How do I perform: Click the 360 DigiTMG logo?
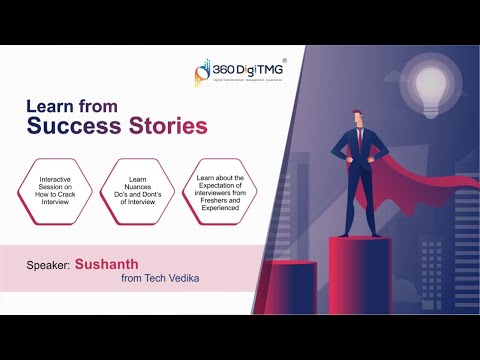[x=239, y=73]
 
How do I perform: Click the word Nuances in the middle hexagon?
[x=138, y=184]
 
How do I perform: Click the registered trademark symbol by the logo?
[x=285, y=60]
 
